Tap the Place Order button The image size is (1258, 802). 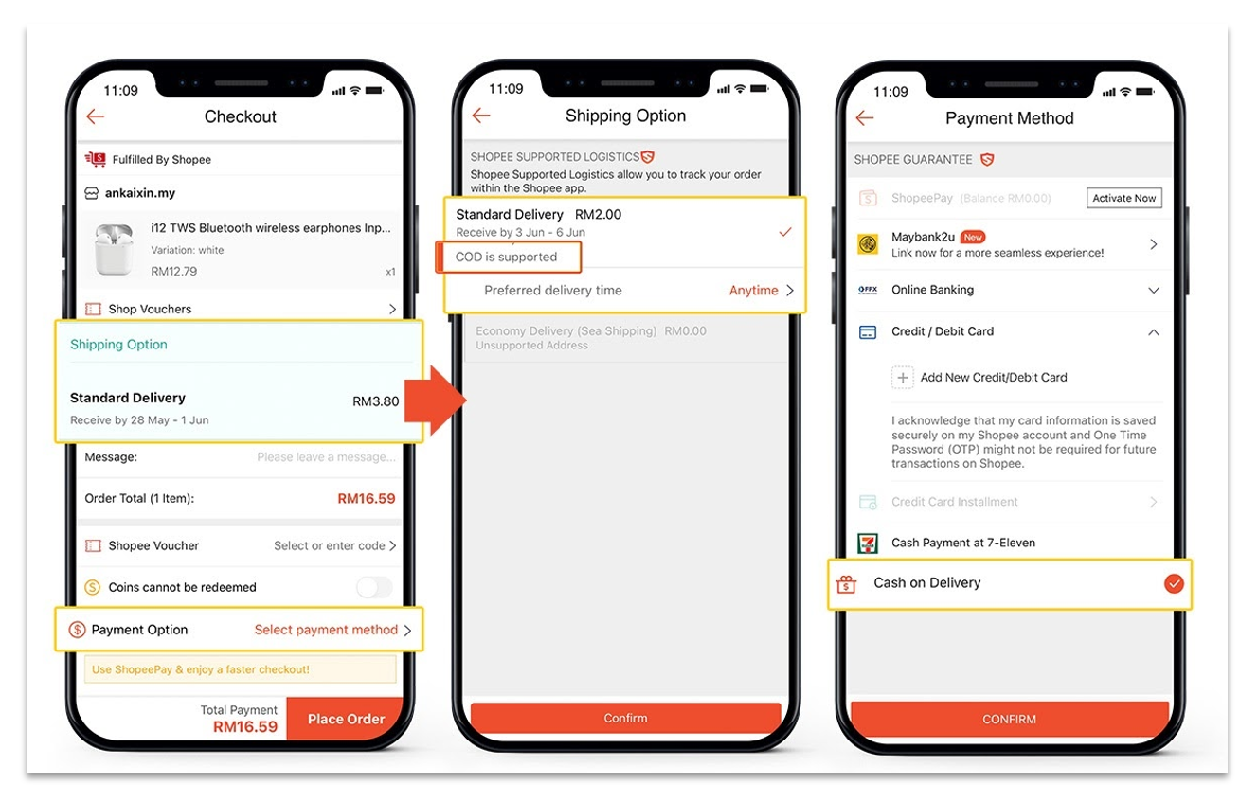346,719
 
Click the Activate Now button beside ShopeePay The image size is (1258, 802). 1123,198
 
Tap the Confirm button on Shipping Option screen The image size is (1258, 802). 625,718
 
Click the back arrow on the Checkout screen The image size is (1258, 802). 96,116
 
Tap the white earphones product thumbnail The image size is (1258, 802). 115,249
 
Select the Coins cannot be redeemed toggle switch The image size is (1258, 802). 374,587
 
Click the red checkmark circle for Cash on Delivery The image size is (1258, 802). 1174,583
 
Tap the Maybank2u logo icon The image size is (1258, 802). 868,244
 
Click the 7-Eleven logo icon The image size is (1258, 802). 868,543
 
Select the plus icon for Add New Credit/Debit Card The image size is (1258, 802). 903,378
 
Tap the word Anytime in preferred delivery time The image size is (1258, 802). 753,290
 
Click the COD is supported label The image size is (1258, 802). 506,257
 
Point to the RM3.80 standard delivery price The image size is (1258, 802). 376,401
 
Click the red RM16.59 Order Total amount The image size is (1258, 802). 367,498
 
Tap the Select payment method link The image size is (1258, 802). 326,630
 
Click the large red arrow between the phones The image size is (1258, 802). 434,401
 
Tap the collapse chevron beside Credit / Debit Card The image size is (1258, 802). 1154,332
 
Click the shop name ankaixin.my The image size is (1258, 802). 140,193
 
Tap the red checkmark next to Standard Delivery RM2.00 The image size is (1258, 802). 785,231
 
